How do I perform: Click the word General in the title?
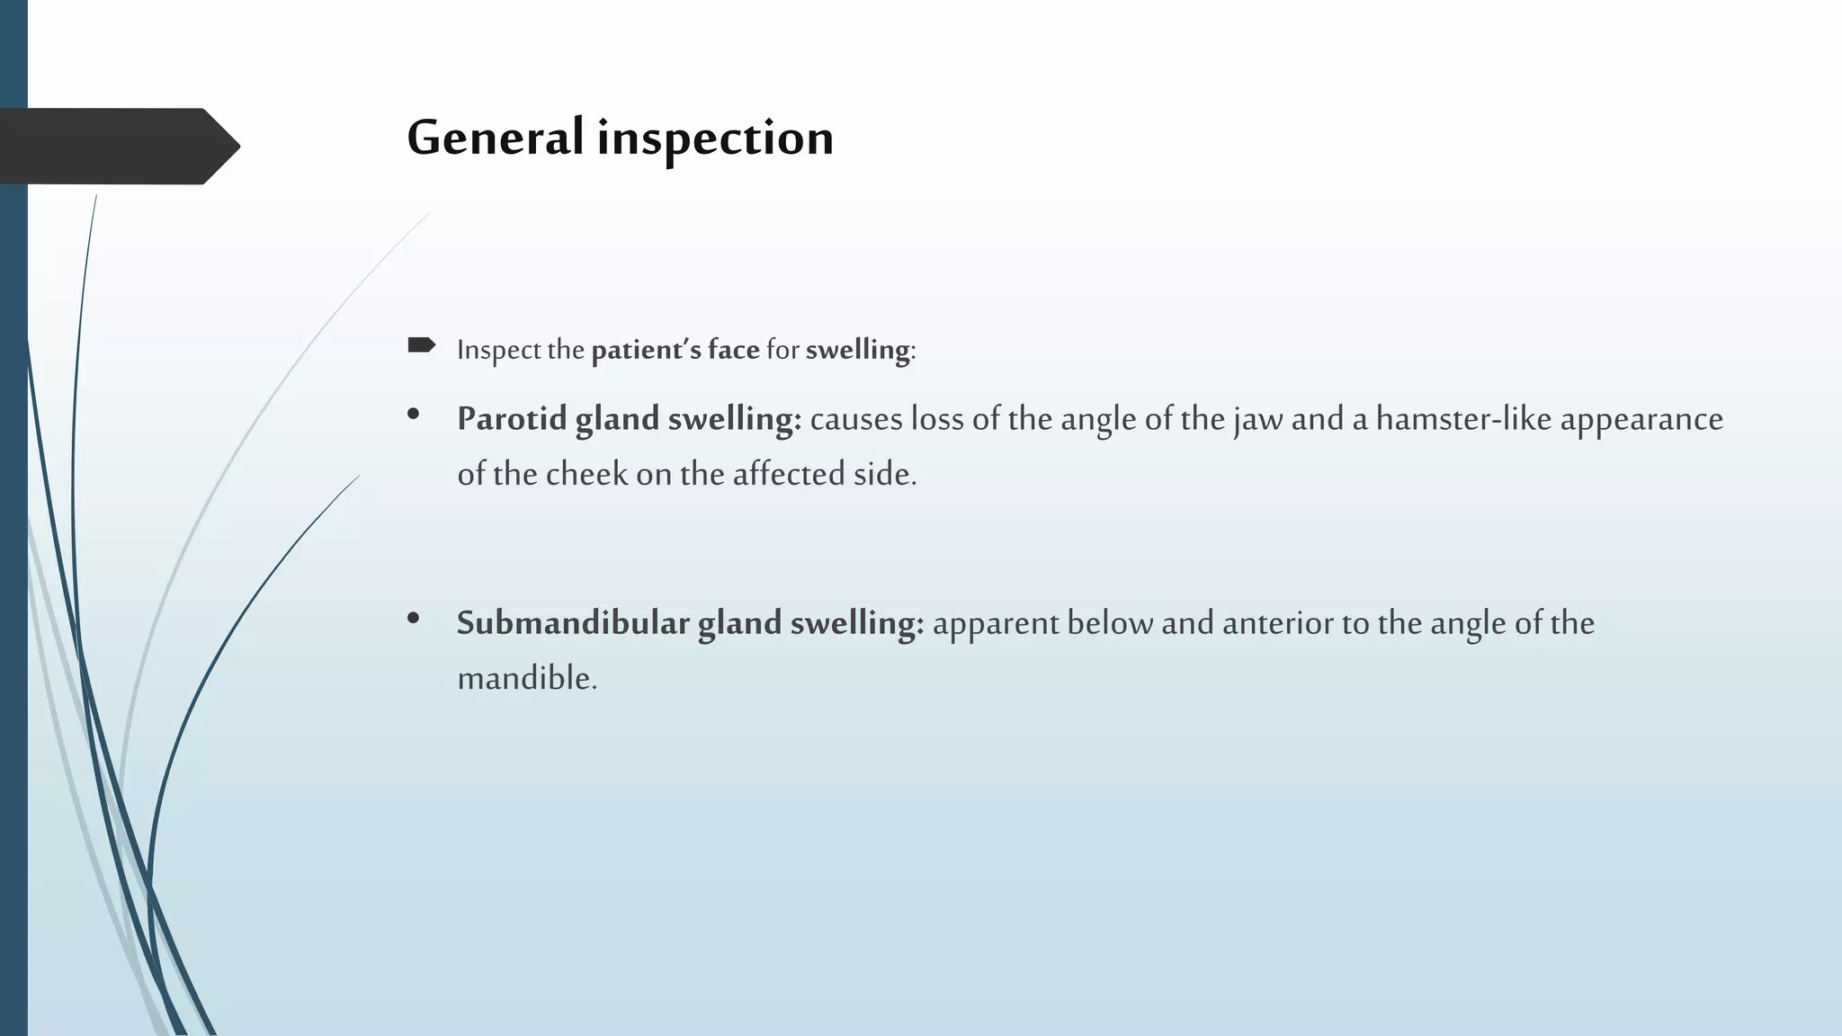[x=496, y=138]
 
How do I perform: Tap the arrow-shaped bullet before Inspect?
[x=421, y=345]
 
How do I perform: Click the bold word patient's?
[x=646, y=349]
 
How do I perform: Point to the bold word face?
[x=733, y=349]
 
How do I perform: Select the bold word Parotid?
[x=511, y=420]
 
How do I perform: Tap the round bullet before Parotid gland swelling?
[x=414, y=415]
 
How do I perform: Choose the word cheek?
[x=586, y=475]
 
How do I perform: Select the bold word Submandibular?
[x=573, y=623]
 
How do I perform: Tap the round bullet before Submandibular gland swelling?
[x=414, y=618]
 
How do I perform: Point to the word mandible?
[x=526, y=679]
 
